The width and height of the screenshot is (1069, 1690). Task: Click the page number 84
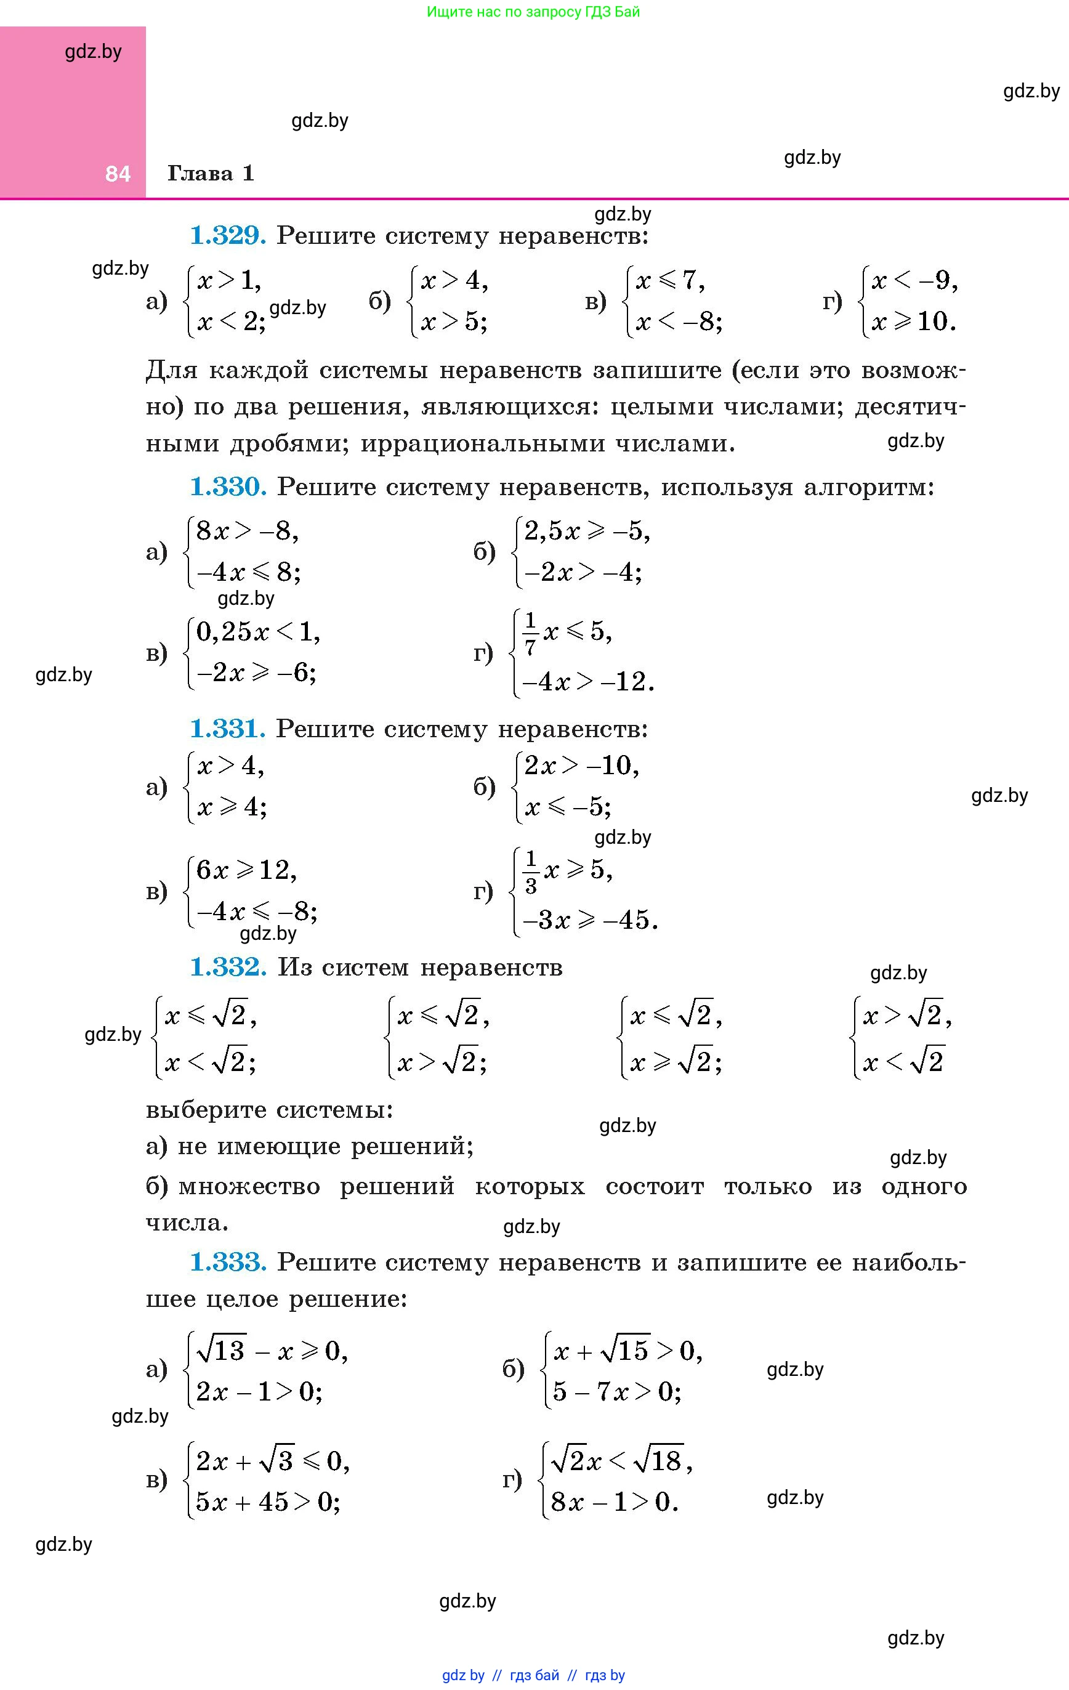click(x=118, y=173)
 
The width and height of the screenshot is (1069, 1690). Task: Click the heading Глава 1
click(x=211, y=173)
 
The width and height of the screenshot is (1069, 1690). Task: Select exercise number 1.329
click(x=228, y=236)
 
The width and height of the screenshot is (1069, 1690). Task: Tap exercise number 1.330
click(x=228, y=487)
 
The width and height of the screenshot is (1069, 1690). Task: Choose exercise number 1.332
click(x=228, y=967)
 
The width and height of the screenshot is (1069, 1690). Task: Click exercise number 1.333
click(x=228, y=1263)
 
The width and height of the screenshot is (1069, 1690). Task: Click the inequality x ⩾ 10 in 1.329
click(x=913, y=322)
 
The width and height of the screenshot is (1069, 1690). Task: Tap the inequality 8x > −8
click(x=247, y=532)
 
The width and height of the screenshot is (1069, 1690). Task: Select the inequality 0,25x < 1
click(x=257, y=633)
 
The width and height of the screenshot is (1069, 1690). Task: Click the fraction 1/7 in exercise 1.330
click(x=530, y=634)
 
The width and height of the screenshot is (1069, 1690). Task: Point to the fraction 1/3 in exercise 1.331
click(x=531, y=871)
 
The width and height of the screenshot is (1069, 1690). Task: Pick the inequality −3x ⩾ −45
click(x=589, y=920)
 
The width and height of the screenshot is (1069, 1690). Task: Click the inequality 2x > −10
click(x=581, y=766)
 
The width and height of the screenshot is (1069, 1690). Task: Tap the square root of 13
click(x=221, y=1349)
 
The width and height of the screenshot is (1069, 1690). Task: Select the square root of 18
click(x=658, y=1462)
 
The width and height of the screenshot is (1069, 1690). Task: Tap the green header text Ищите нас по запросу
click(x=502, y=12)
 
